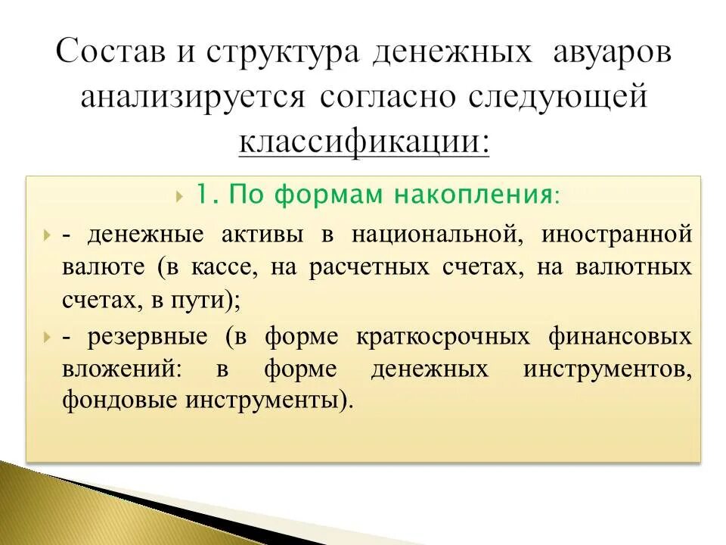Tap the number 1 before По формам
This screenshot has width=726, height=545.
204,195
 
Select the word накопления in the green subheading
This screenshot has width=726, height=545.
473,195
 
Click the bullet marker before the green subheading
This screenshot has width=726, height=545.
178,196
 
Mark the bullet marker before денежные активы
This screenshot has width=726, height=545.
48,235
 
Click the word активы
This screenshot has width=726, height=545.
265,234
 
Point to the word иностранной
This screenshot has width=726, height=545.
616,234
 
